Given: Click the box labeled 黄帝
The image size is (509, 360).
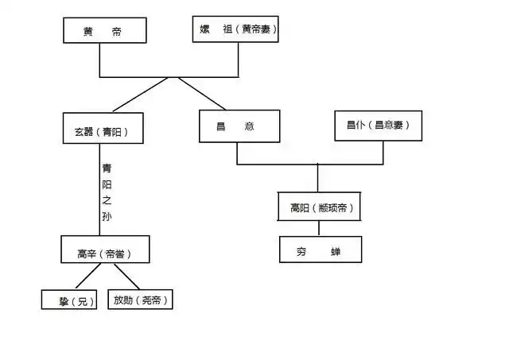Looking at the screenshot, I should coord(104,32).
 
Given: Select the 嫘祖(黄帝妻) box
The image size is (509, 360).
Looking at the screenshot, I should coord(236,31).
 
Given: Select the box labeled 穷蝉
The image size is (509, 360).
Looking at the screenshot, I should coord(320,250).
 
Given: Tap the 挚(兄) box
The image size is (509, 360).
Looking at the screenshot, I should coord(68,300).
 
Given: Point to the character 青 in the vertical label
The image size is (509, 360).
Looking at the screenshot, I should coord(107,169).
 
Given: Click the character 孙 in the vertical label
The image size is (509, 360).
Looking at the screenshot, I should coord(107,216).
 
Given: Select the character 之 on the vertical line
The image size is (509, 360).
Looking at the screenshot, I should coord(107,200).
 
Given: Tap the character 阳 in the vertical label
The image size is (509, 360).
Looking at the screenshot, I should coord(107,184).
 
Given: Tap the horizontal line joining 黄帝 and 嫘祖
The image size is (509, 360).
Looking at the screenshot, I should coord(169,76).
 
